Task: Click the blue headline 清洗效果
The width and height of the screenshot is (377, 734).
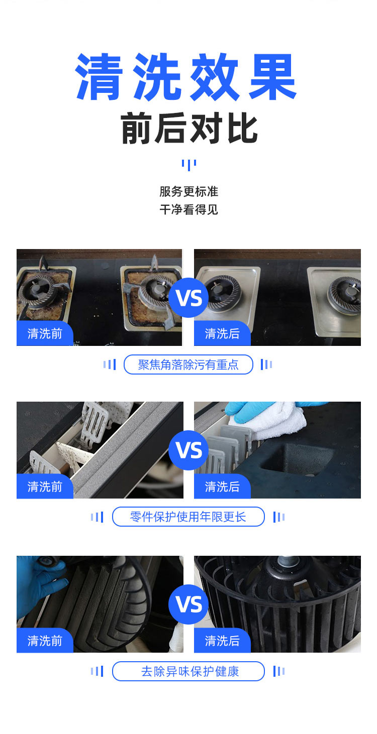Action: pos(186,76)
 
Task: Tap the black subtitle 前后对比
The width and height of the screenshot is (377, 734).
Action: pos(189,129)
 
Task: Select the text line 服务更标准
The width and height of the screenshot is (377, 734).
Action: pos(189,191)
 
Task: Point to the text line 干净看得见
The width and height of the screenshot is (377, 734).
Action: pos(189,209)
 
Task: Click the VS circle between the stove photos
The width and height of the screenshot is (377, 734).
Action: pos(189,298)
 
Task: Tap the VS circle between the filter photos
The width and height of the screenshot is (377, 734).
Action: pos(189,450)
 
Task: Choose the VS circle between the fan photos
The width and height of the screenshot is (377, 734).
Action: pos(189,604)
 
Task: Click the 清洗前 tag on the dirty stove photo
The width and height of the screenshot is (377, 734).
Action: pos(45,334)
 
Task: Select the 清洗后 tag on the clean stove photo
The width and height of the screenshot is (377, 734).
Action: pos(222,334)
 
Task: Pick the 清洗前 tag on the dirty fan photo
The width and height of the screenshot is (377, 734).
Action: pos(45,641)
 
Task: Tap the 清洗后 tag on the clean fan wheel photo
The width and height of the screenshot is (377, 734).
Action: pos(222,641)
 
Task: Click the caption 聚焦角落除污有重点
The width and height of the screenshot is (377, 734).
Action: pos(189,364)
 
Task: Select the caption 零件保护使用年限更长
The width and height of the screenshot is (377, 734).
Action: pos(189,517)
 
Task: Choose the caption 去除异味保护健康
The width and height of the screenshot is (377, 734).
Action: pos(189,671)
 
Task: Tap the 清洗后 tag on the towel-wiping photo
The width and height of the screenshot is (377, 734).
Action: pos(222,486)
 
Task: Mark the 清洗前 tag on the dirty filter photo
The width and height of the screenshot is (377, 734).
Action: pos(45,486)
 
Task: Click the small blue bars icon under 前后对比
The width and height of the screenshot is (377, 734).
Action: pos(189,164)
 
